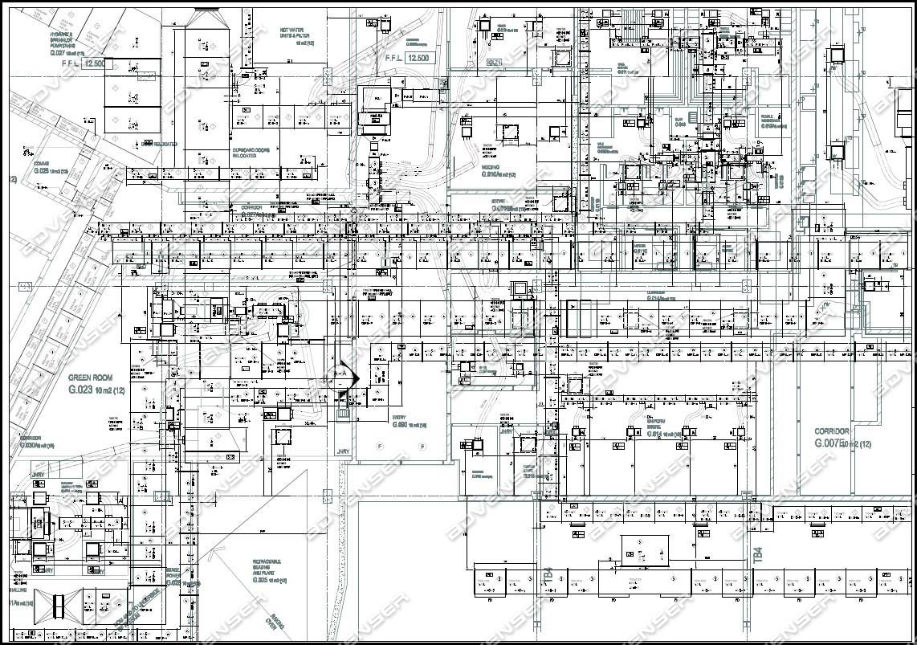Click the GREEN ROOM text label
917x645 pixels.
coord(90,378)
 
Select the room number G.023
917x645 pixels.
coord(81,390)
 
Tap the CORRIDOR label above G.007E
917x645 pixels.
coord(838,431)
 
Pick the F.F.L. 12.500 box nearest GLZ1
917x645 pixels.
coord(418,59)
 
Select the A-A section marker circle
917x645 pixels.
coord(341,375)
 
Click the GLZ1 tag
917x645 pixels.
coord(494,62)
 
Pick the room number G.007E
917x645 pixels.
coord(832,443)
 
